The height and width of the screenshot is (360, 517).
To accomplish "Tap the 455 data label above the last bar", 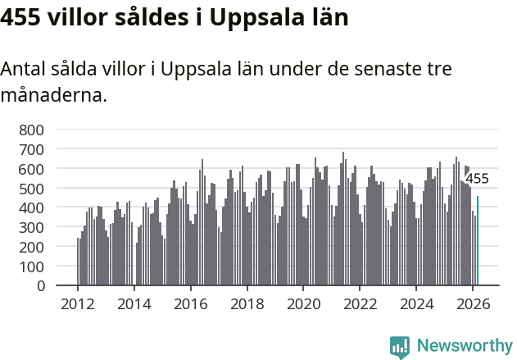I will pyautogui.click(x=477, y=179).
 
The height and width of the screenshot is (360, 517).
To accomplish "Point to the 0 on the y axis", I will pyautogui.click(x=39, y=286).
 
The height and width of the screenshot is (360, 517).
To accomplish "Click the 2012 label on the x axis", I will pyautogui.click(x=78, y=303).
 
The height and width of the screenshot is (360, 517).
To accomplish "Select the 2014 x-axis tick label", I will pyautogui.click(x=134, y=303).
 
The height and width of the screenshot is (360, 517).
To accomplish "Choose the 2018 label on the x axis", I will pyautogui.click(x=247, y=303).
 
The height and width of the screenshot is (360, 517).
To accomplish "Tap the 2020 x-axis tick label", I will pyautogui.click(x=304, y=303).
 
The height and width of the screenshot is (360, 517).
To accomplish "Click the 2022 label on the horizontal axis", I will pyautogui.click(x=360, y=303).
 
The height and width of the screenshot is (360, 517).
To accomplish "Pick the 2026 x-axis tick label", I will pyautogui.click(x=473, y=303).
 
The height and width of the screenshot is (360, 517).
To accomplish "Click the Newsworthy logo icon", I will pyautogui.click(x=400, y=347).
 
